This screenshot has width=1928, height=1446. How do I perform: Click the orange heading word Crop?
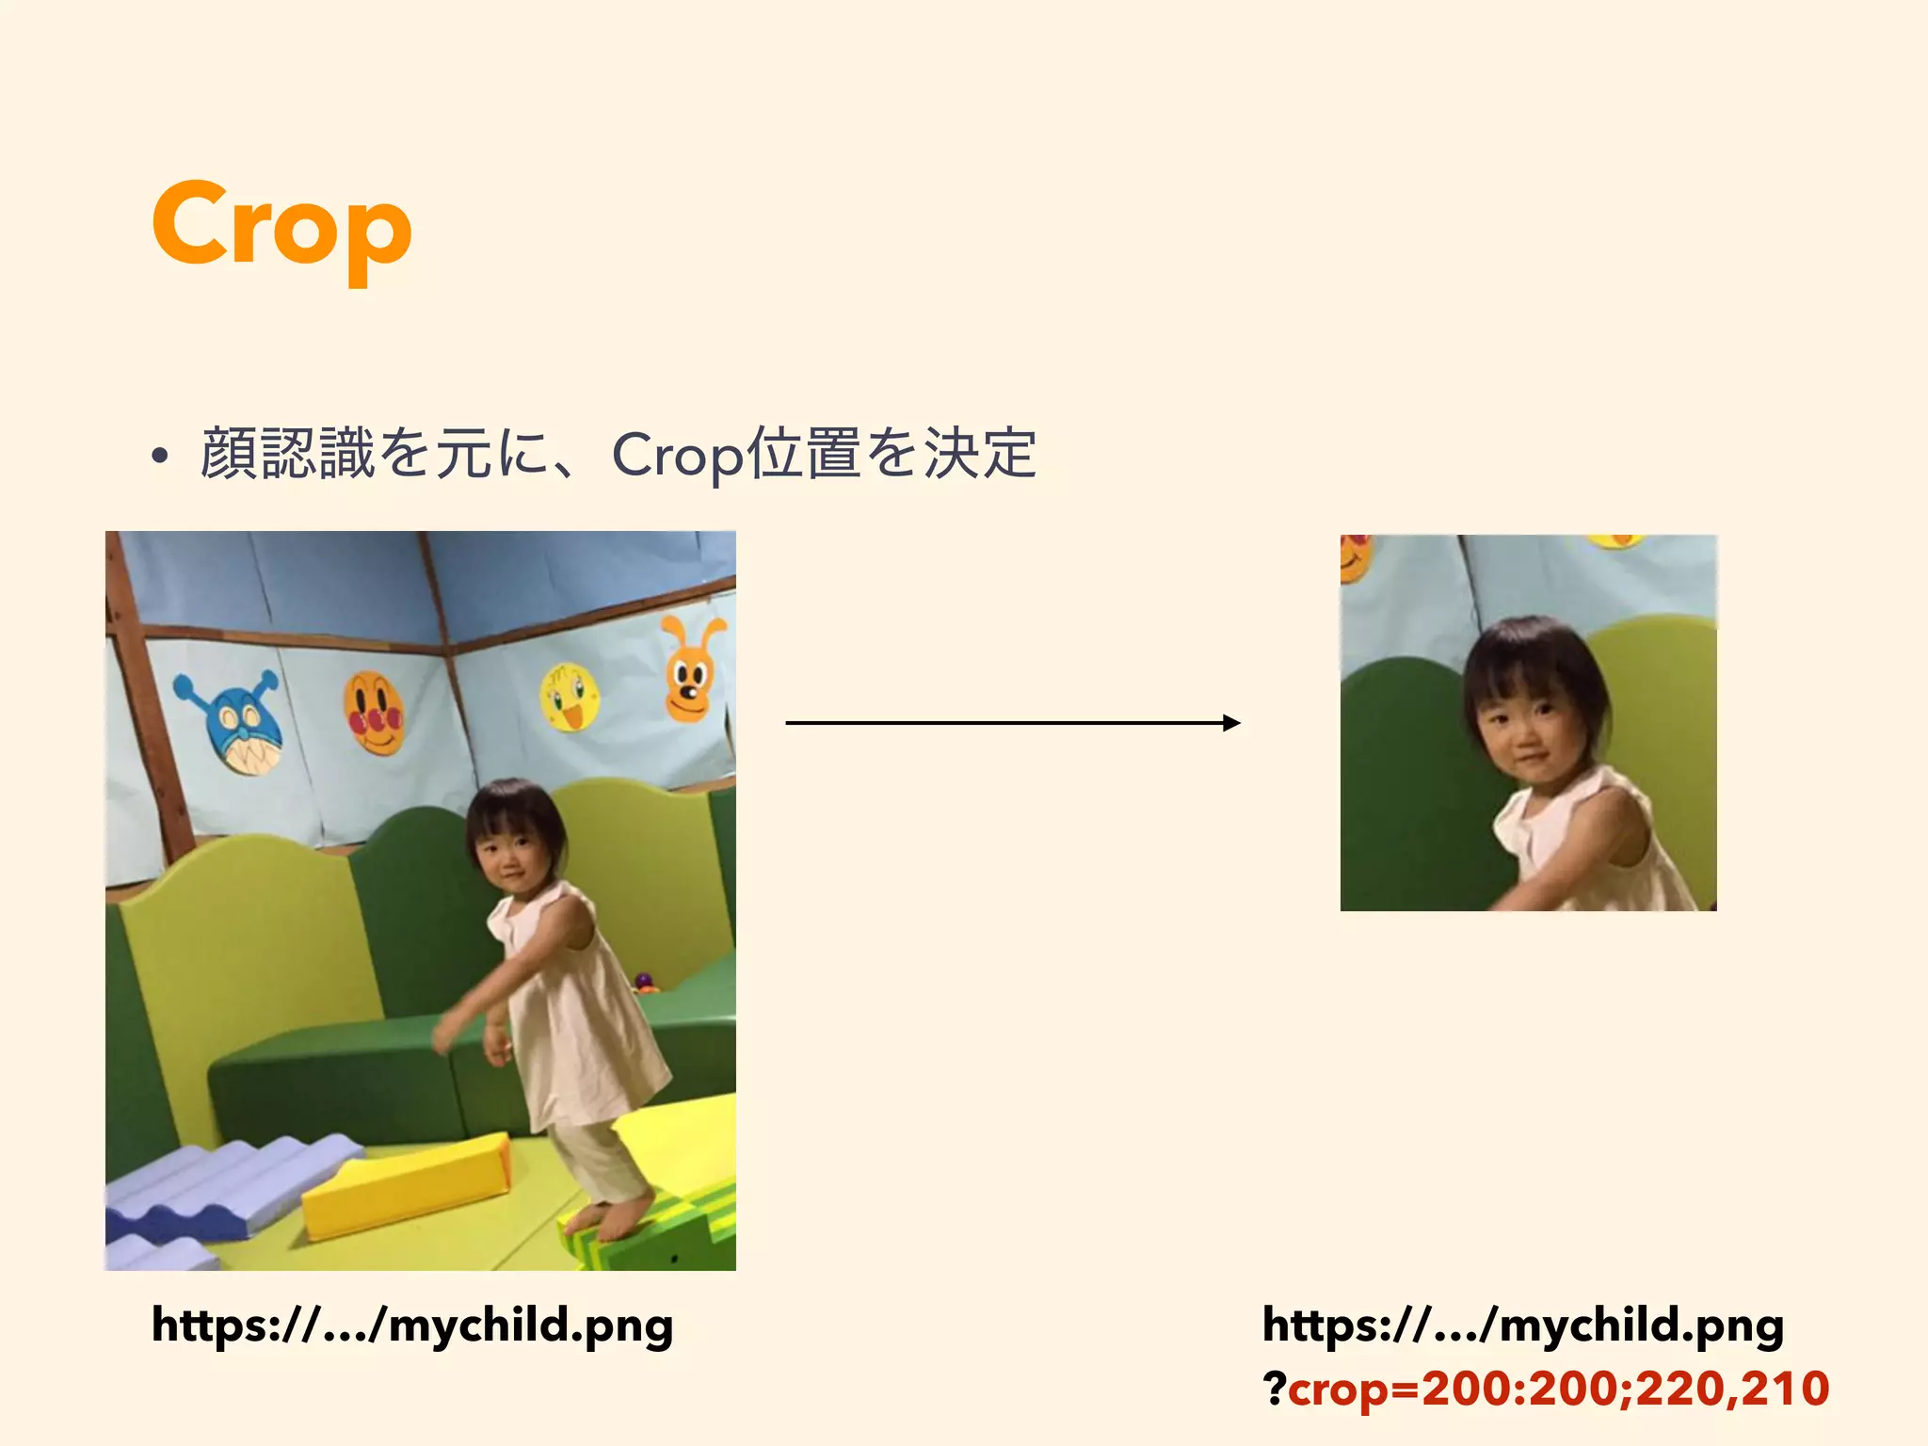click(x=281, y=226)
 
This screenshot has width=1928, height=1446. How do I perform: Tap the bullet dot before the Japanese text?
click(x=160, y=456)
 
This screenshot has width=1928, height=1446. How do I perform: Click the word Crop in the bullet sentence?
click(x=676, y=456)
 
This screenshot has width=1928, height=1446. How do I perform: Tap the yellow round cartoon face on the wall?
click(x=569, y=697)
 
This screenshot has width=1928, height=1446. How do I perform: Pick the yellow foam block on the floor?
click(x=406, y=1186)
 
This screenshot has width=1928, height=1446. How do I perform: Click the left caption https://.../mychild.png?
click(x=412, y=1325)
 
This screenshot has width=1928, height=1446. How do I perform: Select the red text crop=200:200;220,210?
click(x=1558, y=1389)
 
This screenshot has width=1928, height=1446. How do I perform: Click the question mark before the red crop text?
click(x=1275, y=1389)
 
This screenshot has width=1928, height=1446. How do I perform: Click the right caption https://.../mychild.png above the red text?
click(x=1522, y=1325)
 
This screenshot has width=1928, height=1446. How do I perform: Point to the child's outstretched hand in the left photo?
click(x=443, y=1036)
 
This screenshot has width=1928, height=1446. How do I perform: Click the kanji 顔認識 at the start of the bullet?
click(x=287, y=454)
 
